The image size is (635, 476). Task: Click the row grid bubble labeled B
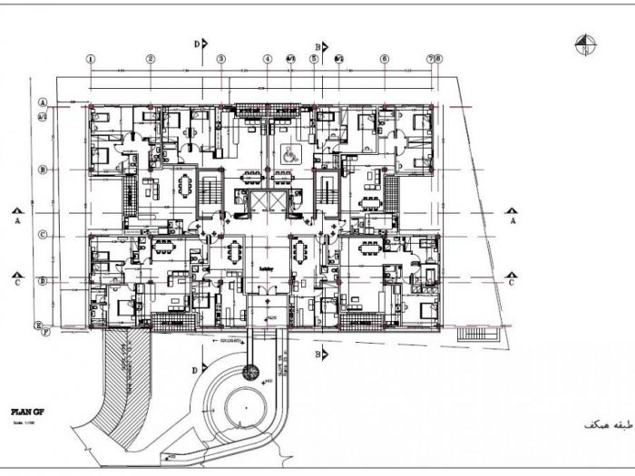pyautogui.click(x=43, y=170)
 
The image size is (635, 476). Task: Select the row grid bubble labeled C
pyautogui.click(x=43, y=235)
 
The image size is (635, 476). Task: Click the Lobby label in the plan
pyautogui.click(x=266, y=269)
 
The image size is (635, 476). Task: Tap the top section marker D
pyautogui.click(x=199, y=43)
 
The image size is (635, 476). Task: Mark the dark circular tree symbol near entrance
pyautogui.click(x=250, y=372)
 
